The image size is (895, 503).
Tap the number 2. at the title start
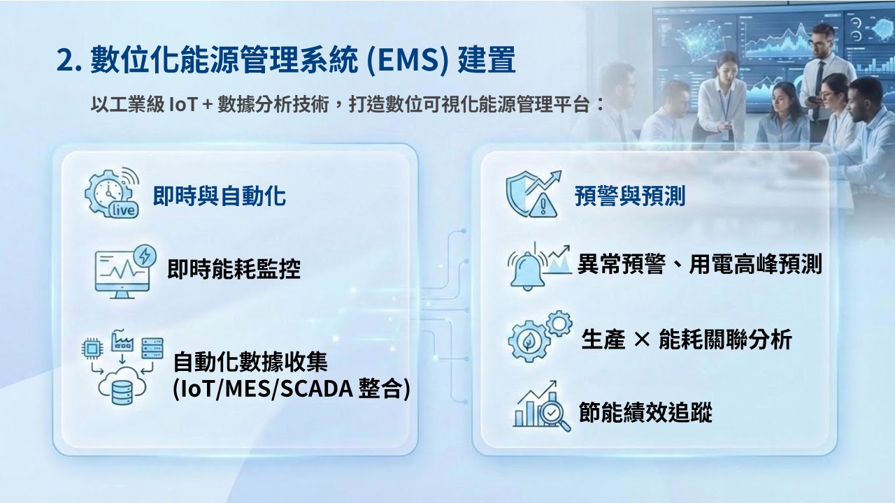coord(69,61)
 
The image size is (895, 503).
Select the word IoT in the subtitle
coord(183,105)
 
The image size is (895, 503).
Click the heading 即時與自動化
coord(220,196)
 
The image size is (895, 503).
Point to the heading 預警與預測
coord(630,196)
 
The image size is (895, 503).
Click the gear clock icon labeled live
coord(112,193)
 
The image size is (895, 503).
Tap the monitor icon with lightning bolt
coord(125,272)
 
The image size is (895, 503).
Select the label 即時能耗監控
coord(234,269)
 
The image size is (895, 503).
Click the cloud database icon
coord(122,386)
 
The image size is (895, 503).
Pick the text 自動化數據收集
coord(250,362)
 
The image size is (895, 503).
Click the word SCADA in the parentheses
coord(315,389)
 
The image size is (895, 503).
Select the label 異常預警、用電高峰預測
coord(700,264)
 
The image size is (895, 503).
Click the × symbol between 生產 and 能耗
coord(642,340)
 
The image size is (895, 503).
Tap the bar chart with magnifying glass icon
coord(542,407)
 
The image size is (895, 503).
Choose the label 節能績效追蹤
coord(645,412)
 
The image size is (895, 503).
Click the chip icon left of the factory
coord(92,349)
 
